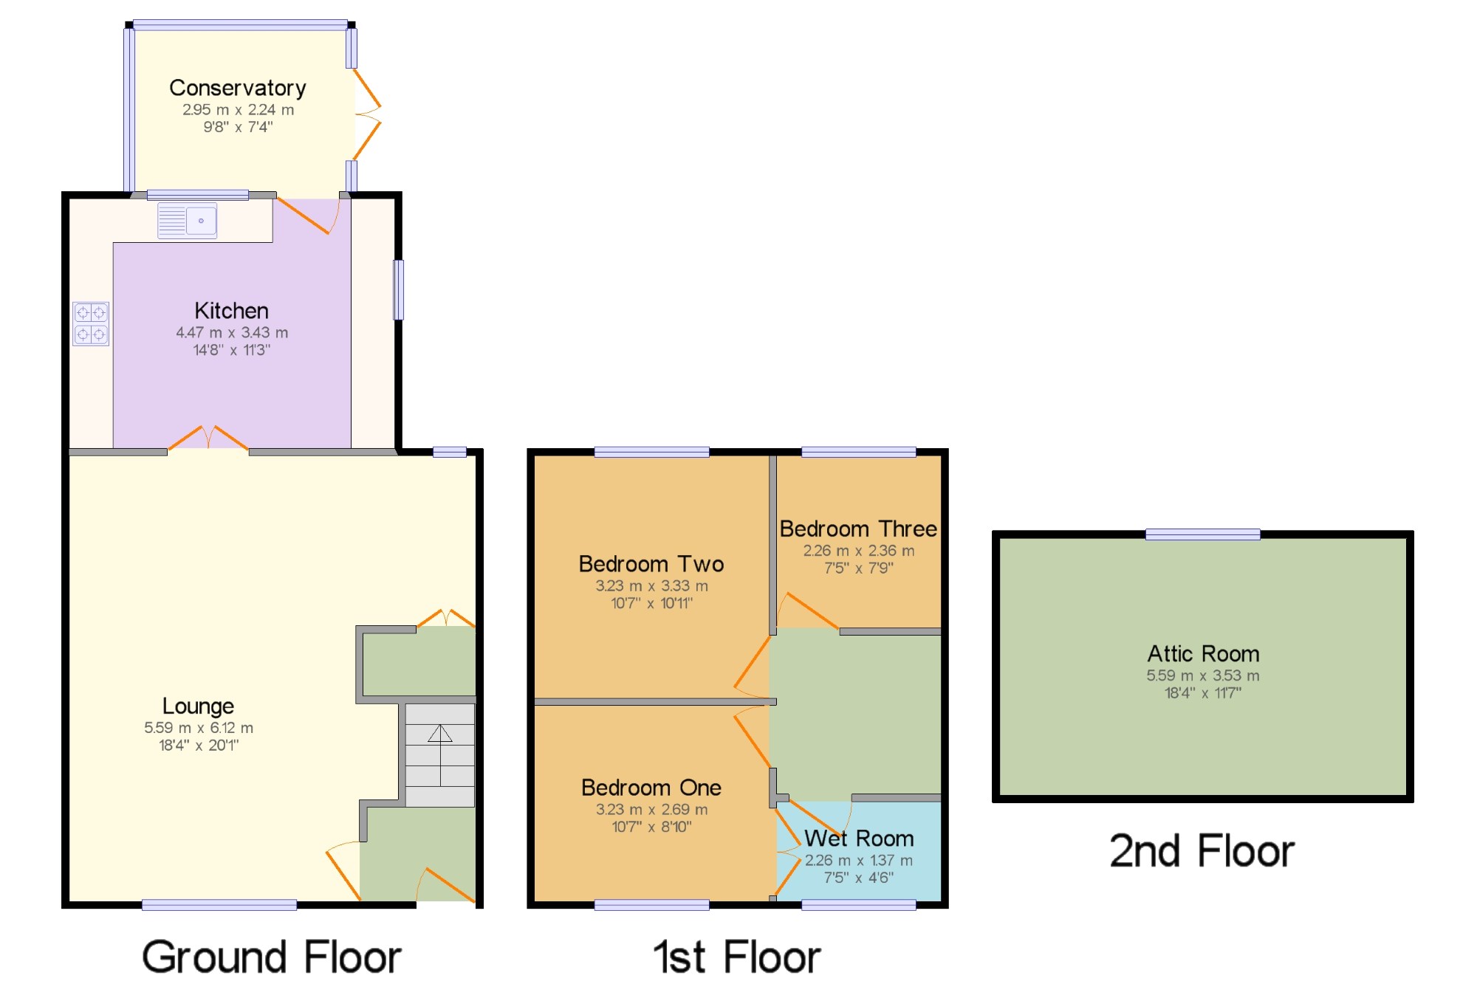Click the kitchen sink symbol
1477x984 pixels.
188,221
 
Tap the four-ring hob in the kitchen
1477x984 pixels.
91,323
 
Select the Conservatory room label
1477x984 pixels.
237,88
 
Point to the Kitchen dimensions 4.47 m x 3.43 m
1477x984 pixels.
232,333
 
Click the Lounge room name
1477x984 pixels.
198,706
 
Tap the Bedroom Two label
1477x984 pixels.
651,564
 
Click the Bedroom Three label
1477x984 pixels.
858,529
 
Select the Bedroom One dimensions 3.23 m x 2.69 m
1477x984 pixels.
651,810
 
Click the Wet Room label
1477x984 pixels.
859,839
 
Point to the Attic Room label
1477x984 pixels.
1202,653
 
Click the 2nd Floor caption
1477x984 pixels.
1202,851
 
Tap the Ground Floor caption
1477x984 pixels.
271,957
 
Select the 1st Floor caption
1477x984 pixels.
736,957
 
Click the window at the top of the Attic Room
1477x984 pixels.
1202,534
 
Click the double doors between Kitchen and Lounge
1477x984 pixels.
208,438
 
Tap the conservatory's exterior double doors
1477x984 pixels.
367,114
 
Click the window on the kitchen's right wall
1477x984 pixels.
399,289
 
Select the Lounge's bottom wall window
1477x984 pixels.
219,905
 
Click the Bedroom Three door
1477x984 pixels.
807,611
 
